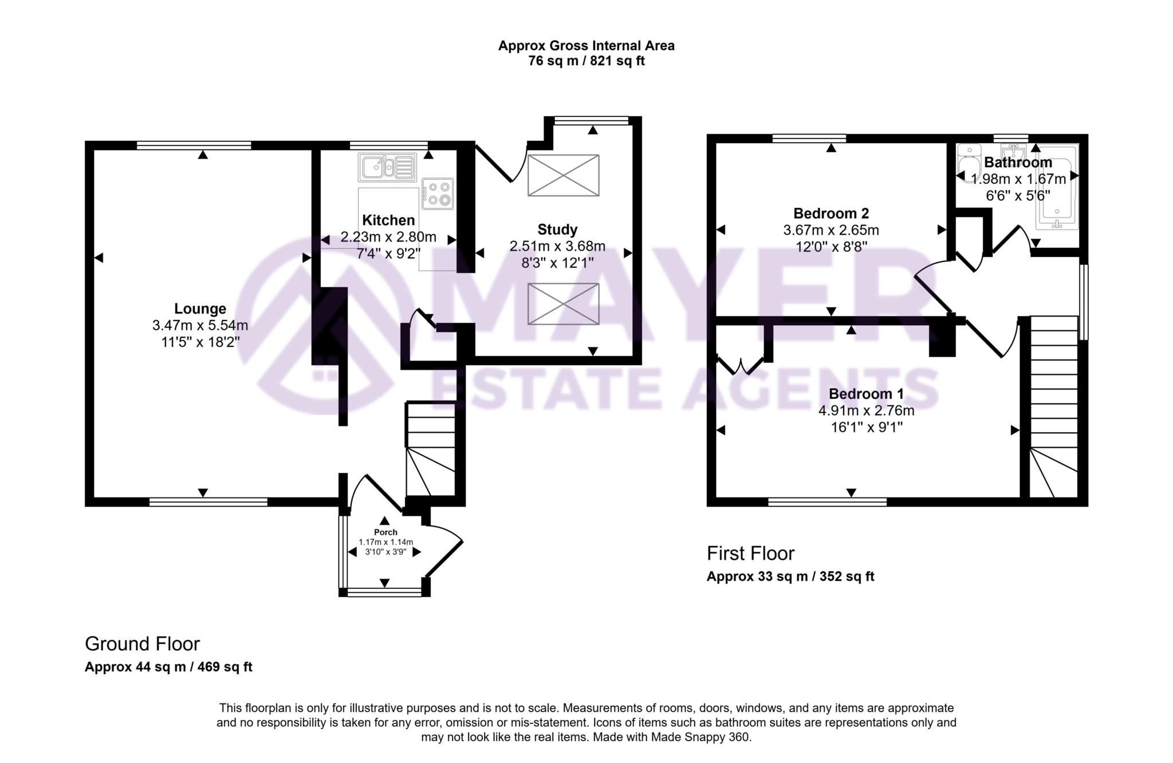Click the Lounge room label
tap(200, 309)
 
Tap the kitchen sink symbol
tap(387, 167)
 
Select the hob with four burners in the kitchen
tap(438, 193)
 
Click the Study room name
tap(557, 230)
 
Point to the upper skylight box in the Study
tap(563, 175)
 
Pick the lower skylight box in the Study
tap(563, 304)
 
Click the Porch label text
tap(385, 532)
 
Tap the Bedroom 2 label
tap(830, 214)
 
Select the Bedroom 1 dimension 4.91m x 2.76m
tap(866, 411)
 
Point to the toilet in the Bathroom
tap(969, 163)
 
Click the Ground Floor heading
tap(142, 644)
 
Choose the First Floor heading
tap(750, 554)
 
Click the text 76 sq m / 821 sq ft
tap(586, 61)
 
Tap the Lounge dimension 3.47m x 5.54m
tap(200, 326)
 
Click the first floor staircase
tap(1054, 406)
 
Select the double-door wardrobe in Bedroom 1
tap(740, 365)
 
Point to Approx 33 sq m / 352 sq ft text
tap(790, 576)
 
